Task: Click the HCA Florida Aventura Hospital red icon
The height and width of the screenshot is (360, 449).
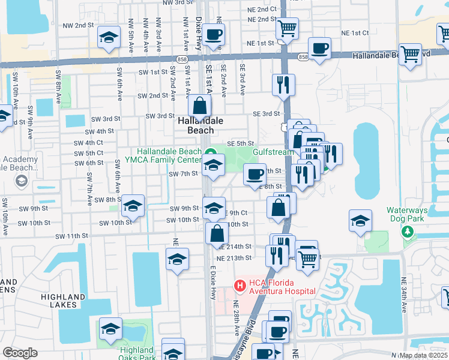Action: point(239,285)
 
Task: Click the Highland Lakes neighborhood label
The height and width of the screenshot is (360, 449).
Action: point(63,301)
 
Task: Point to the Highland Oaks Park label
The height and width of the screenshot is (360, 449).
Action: point(136,354)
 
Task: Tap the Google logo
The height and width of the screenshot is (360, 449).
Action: point(19,353)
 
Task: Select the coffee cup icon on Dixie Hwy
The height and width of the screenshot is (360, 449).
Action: point(213,34)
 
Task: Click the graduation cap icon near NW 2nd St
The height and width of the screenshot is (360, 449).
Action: point(109,38)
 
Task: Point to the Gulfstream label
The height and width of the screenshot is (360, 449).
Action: point(274,152)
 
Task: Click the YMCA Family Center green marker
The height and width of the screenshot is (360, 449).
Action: point(209,152)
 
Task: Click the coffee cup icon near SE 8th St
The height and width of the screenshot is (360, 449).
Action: point(255,174)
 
